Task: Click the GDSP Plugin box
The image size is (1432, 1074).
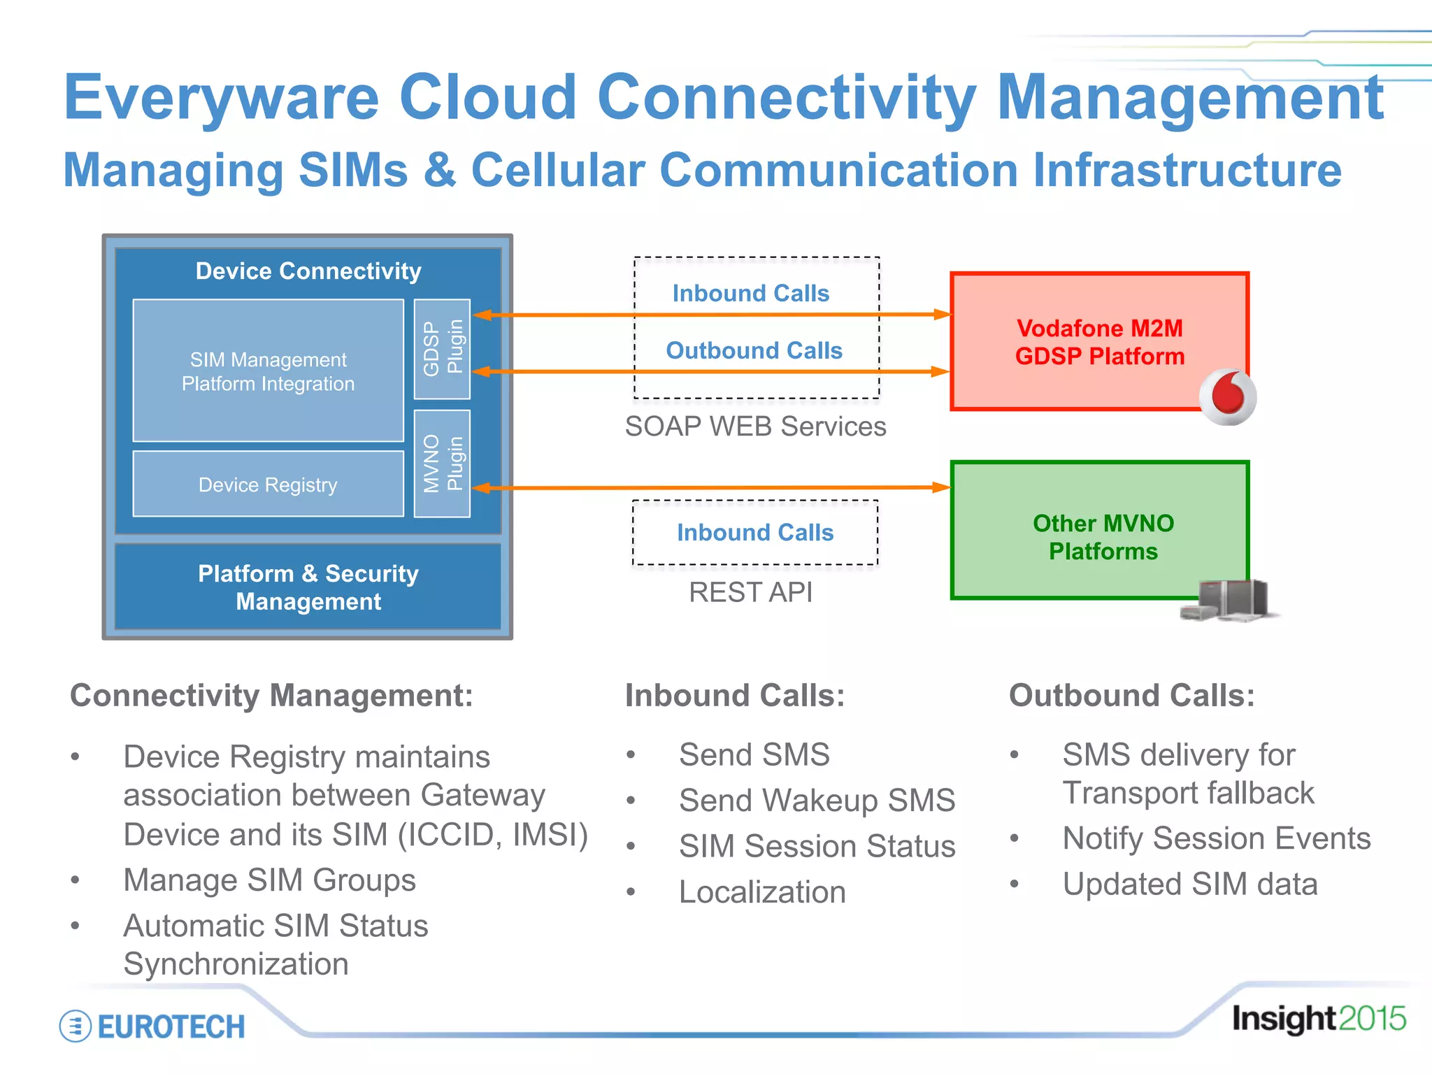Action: coord(442,348)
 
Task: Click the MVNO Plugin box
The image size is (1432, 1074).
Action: coord(442,463)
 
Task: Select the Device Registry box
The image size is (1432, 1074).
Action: coord(268,484)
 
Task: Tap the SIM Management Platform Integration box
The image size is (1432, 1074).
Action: coord(268,371)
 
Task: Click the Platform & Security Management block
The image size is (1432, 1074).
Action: coord(308,587)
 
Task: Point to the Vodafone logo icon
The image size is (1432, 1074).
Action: coord(1227,396)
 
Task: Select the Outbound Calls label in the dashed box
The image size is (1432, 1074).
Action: coord(754,350)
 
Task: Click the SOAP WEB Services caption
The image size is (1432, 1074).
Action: coord(755,427)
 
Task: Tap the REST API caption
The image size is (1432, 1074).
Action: coord(750,592)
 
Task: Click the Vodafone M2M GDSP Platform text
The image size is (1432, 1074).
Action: coord(1099,342)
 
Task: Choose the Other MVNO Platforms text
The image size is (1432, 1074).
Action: coord(1103,537)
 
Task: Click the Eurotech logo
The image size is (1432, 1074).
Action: coord(152,1026)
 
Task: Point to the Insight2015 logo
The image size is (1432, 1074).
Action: coord(1318,1018)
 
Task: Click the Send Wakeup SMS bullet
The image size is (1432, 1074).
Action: coord(816,800)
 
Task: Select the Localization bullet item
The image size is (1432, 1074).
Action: coord(762,892)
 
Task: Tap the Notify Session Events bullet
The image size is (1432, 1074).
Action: coord(1216,838)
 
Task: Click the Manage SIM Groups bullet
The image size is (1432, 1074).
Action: coord(269,880)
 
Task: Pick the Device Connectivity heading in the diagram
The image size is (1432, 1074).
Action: coord(308,271)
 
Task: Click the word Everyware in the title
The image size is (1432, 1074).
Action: coord(221,98)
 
